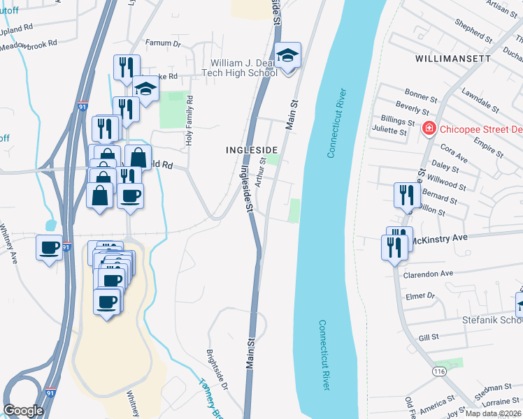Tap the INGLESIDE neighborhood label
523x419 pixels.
coord(252,150)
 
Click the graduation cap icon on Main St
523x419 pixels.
coord(287,55)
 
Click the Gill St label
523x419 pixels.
coord(428,337)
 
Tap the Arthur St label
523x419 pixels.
coord(261,173)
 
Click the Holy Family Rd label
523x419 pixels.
coord(188,122)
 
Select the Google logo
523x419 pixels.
coord(23,411)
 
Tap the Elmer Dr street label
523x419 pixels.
coord(420,296)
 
